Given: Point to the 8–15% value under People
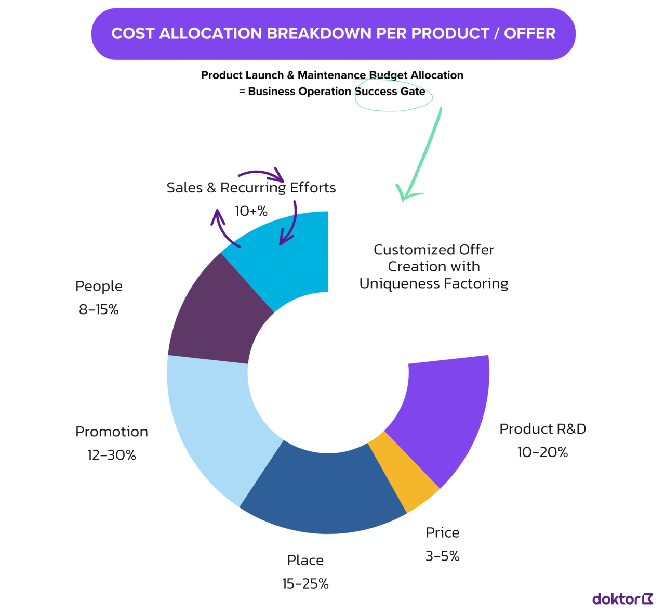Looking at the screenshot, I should pos(99,310).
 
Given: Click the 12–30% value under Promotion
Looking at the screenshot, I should pos(112,455).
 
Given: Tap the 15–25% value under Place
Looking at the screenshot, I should pos(305,584).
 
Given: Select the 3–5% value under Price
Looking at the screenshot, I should pos(443,556).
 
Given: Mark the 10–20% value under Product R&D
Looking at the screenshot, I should pos(542,452).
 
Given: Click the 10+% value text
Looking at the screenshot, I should pos(251,211).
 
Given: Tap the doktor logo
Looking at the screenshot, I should pos(622,599).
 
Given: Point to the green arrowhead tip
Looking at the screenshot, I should pos(402,200).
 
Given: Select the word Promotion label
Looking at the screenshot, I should pos(112,432).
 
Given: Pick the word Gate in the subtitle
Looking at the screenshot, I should pos(413,92).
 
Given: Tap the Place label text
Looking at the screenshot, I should pos(305,561).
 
